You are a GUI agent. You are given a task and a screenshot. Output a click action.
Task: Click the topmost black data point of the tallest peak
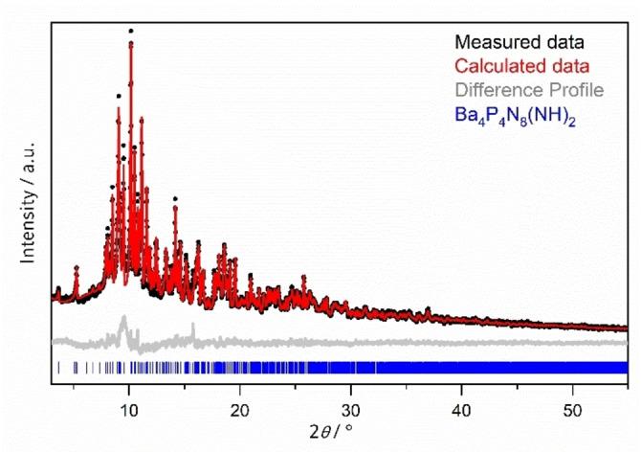click(130, 31)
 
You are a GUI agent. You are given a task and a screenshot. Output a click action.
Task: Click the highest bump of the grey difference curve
click(123, 319)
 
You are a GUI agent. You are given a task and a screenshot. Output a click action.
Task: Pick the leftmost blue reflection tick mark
click(59, 367)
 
